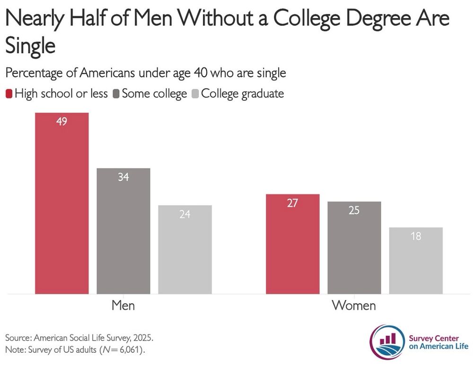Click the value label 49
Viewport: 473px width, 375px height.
point(61,121)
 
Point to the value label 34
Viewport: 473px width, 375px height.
point(123,177)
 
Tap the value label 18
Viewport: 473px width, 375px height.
point(416,236)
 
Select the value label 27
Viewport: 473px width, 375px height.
point(293,203)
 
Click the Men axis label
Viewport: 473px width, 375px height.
point(123,305)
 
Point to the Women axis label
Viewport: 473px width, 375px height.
point(354,305)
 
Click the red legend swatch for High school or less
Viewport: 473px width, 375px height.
point(9,94)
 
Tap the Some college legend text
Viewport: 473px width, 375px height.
point(154,94)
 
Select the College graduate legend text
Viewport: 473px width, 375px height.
point(242,94)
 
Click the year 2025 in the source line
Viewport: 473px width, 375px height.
point(143,339)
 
